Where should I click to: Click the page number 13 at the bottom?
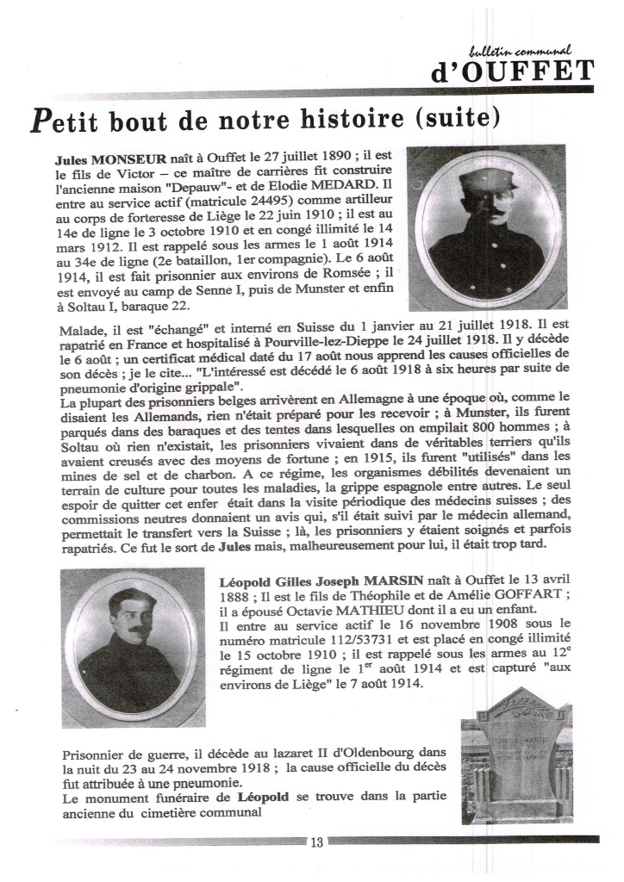click(315, 842)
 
